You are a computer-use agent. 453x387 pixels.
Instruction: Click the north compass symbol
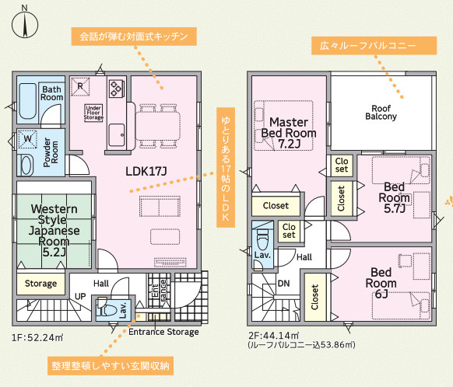[25, 25]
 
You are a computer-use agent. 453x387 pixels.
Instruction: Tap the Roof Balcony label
[381, 113]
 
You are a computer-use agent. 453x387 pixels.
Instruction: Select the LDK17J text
[146, 171]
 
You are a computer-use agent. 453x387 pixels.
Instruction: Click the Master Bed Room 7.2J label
[289, 133]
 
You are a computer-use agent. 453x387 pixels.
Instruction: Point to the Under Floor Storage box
[93, 113]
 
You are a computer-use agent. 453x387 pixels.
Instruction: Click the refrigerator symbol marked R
[80, 86]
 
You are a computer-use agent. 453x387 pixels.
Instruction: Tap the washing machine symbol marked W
[28, 139]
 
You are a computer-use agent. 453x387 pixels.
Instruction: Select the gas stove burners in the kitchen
[117, 89]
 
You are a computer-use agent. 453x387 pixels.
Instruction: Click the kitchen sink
[117, 135]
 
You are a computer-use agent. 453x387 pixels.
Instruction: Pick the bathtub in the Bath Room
[27, 101]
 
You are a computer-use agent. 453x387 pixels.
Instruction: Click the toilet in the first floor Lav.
[106, 309]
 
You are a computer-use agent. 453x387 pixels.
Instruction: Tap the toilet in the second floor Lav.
[262, 240]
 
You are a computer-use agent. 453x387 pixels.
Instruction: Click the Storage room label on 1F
[40, 284]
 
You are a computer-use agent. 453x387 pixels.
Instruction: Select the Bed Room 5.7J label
[394, 197]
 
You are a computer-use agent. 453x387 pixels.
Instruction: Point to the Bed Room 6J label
[381, 283]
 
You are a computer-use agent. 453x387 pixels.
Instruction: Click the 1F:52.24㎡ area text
[37, 337]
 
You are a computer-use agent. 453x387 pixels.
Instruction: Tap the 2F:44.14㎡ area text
[274, 336]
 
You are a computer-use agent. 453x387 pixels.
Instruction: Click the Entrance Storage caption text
[163, 332]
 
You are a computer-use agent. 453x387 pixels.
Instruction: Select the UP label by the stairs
[80, 296]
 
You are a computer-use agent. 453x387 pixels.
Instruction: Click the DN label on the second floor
[283, 284]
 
